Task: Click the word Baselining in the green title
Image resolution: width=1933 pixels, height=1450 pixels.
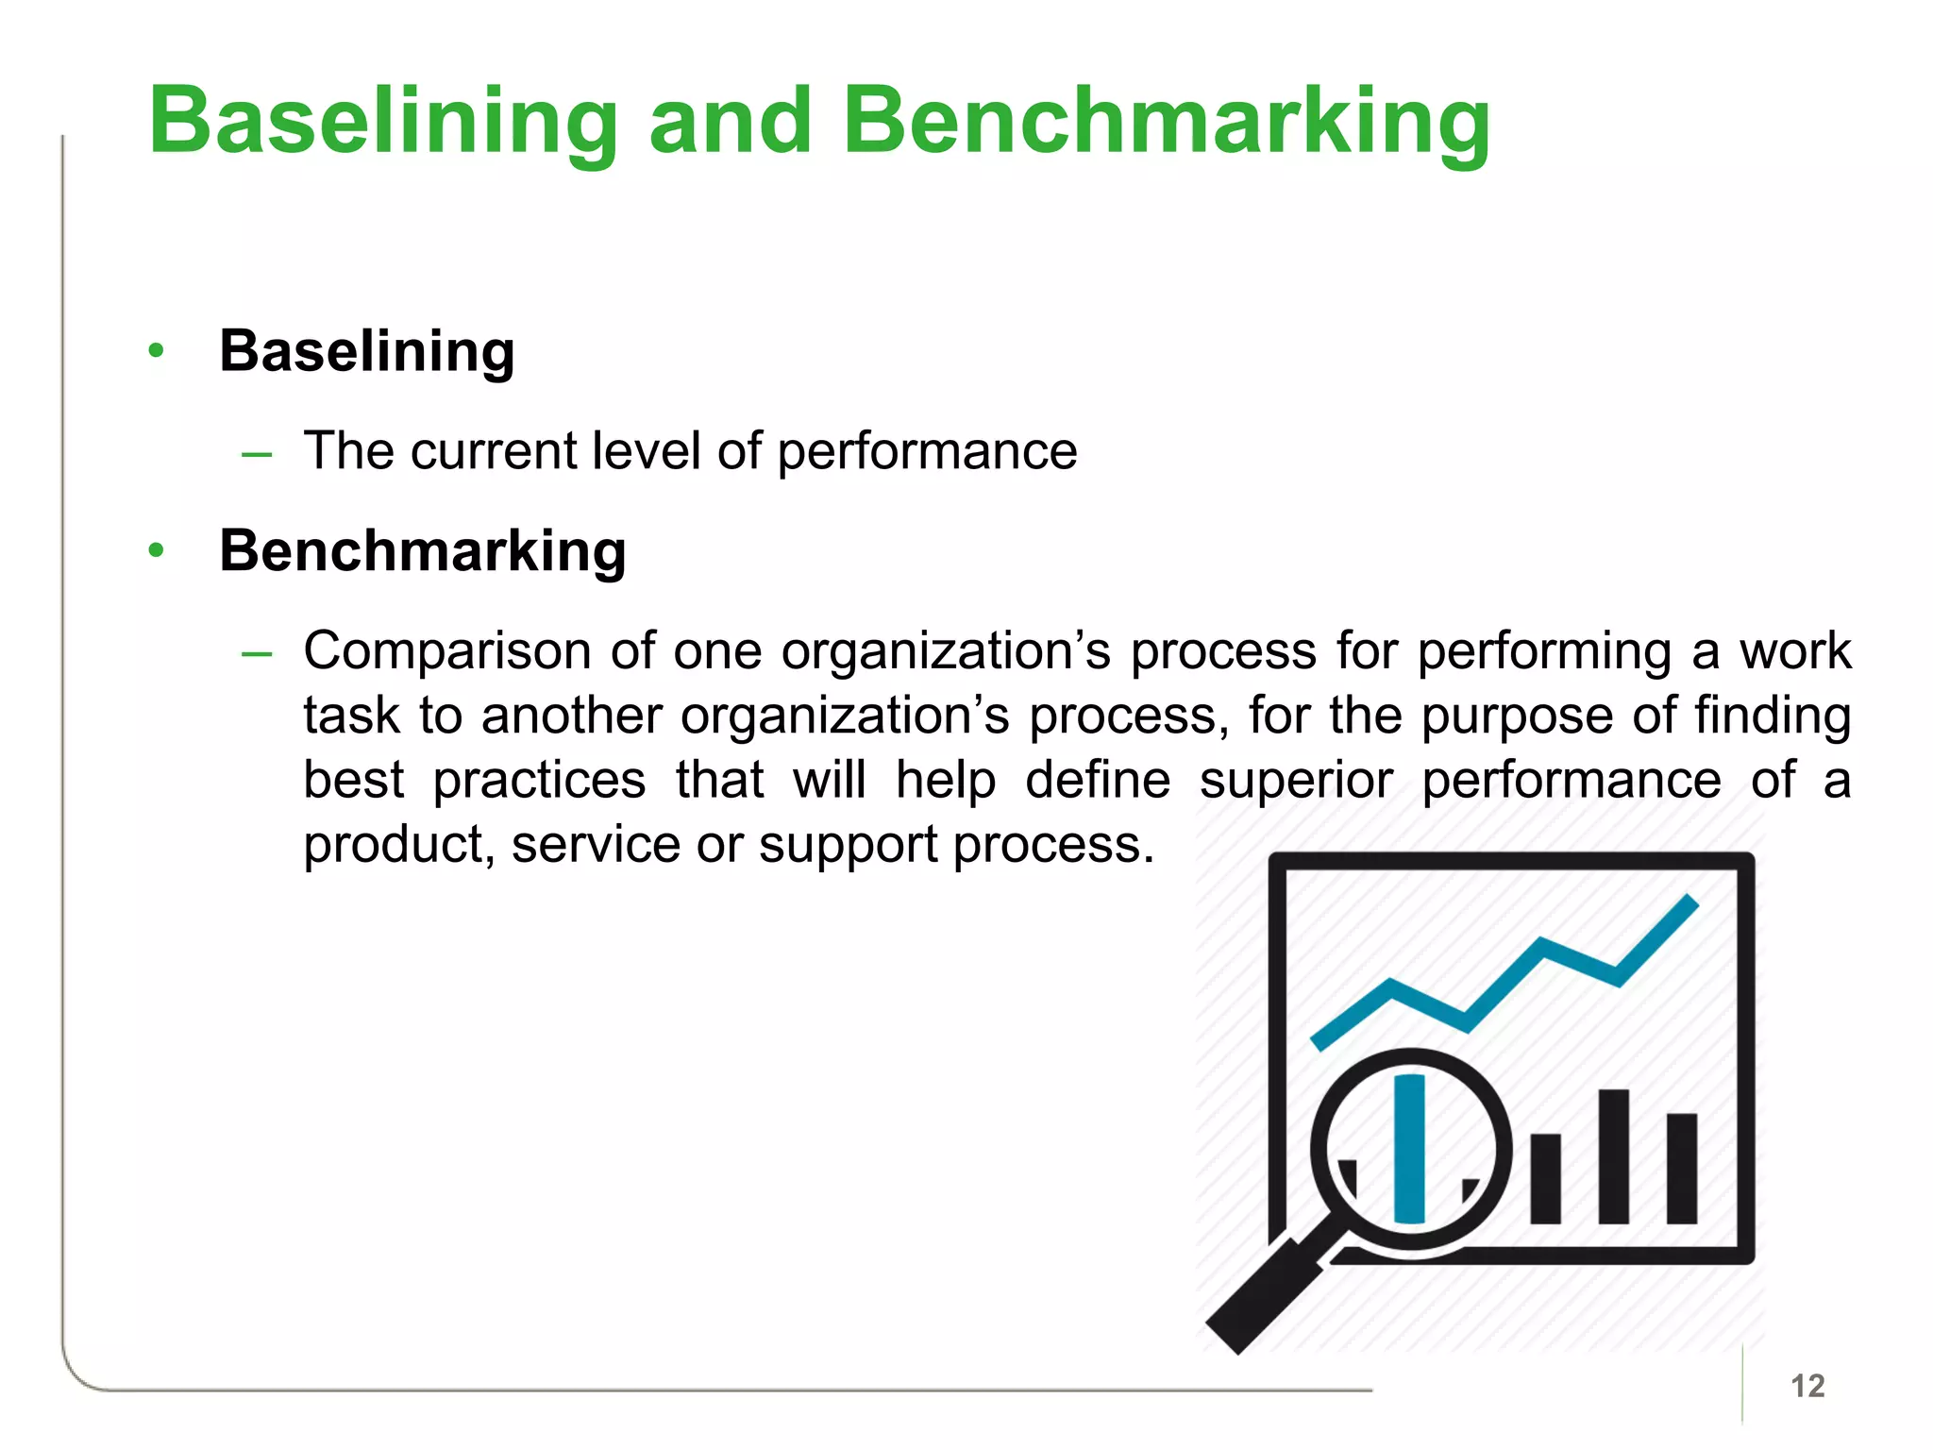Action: point(382,123)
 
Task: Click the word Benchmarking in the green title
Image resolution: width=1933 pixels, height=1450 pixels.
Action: point(1166,123)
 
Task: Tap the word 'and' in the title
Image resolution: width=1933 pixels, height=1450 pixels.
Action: point(731,123)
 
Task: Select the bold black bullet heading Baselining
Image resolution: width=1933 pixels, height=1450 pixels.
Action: point(367,352)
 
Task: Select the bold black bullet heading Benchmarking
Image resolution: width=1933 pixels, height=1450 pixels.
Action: point(422,551)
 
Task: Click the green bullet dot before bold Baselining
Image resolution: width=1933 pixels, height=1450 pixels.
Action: point(157,351)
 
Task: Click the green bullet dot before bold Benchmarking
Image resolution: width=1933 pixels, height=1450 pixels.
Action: point(157,550)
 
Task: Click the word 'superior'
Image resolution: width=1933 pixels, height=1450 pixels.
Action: point(1296,782)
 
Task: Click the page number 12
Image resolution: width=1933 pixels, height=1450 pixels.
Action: point(1807,1386)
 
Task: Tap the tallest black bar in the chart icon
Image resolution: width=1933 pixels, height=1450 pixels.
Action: point(1614,1156)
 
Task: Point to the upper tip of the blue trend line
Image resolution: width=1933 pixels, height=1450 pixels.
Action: point(1689,903)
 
